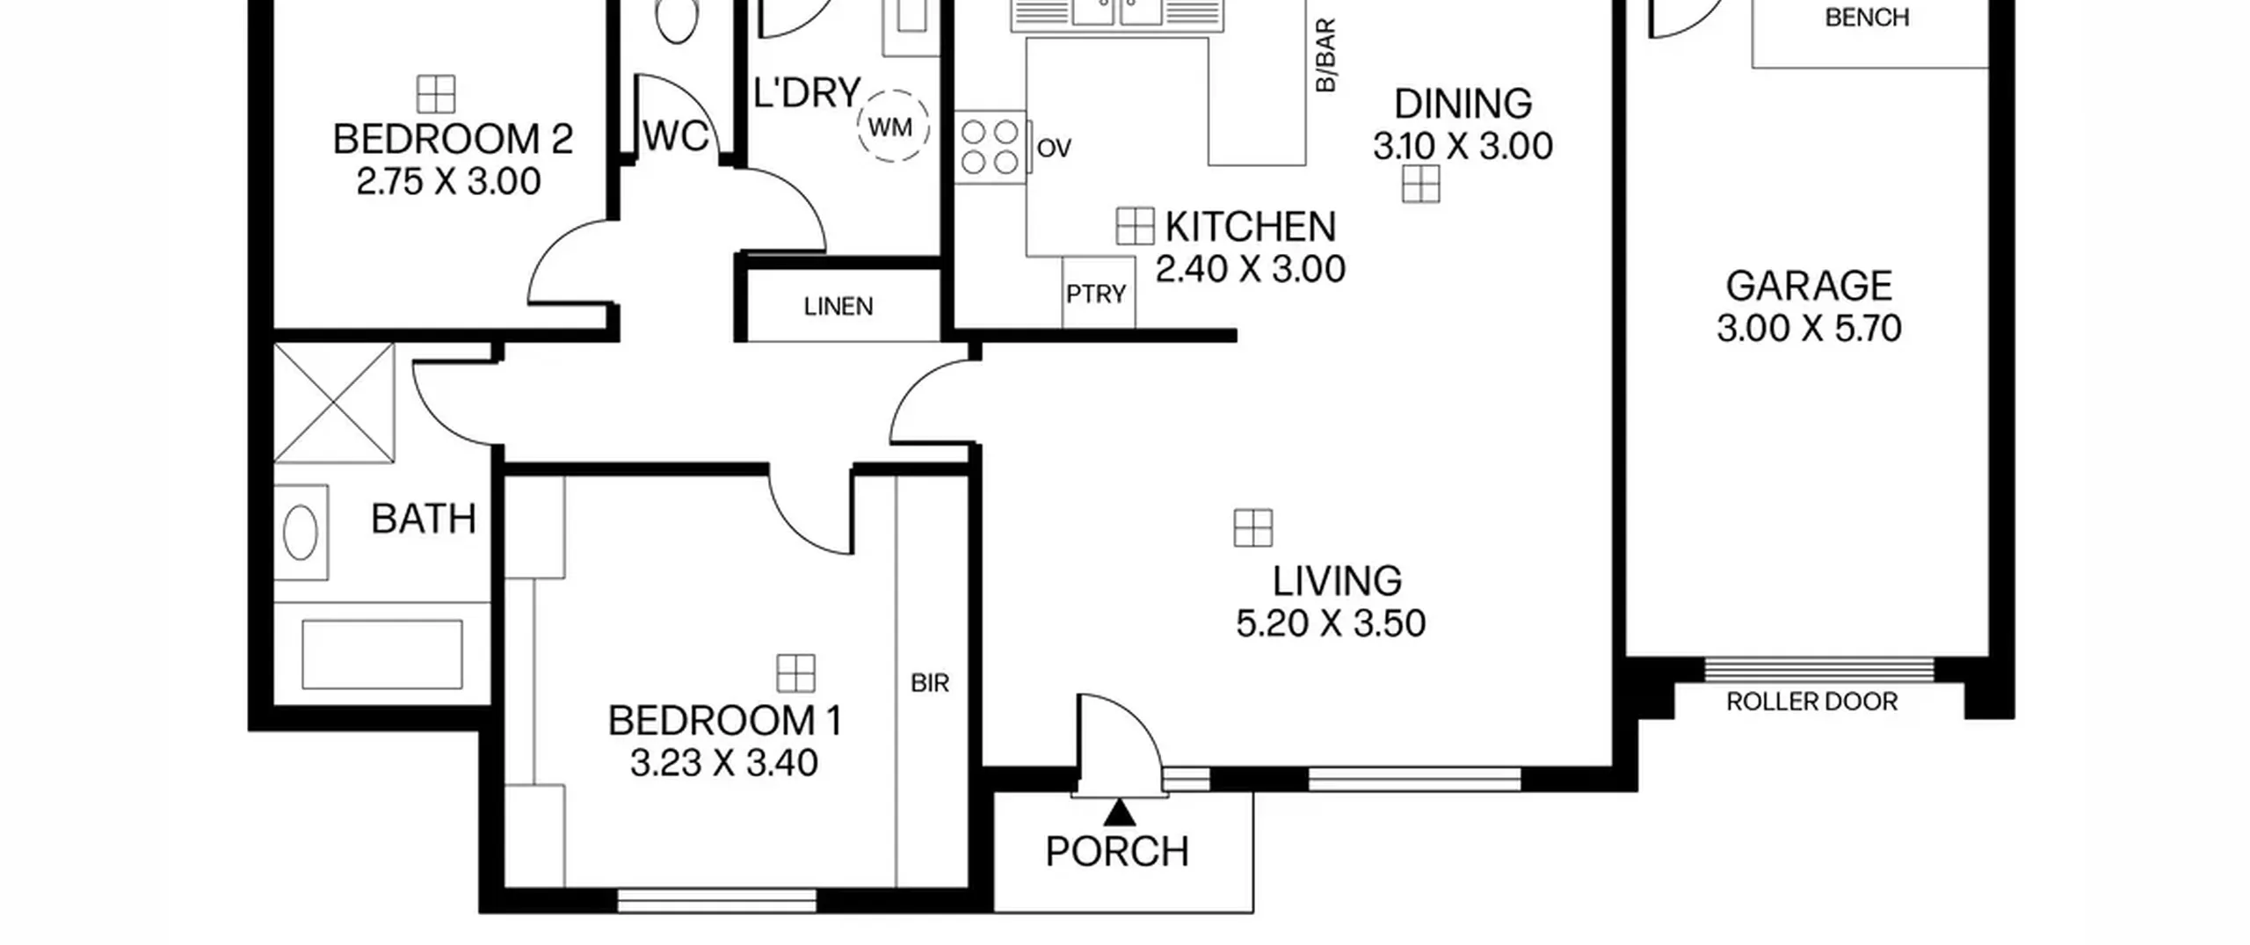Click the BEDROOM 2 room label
pyautogui.click(x=453, y=140)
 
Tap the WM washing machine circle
pyautogui.click(x=893, y=127)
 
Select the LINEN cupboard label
pyautogui.click(x=838, y=307)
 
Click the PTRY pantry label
pyautogui.click(x=1095, y=294)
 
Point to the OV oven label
pyautogui.click(x=1054, y=149)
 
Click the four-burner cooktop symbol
pyautogui.click(x=990, y=147)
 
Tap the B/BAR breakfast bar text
pyautogui.click(x=1325, y=55)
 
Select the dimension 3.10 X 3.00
pyautogui.click(x=1462, y=146)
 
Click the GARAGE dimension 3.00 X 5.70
pyautogui.click(x=1809, y=329)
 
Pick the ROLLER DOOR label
pyautogui.click(x=1811, y=701)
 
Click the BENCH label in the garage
pyautogui.click(x=1867, y=18)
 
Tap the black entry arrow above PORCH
pyautogui.click(x=1119, y=812)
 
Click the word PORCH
pyautogui.click(x=1117, y=852)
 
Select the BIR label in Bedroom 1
pyautogui.click(x=930, y=683)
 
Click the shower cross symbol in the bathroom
pyautogui.click(x=334, y=403)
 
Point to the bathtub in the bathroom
pyautogui.click(x=382, y=654)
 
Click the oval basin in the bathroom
pyautogui.click(x=301, y=532)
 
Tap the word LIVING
pyautogui.click(x=1337, y=581)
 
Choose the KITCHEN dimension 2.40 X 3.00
pyautogui.click(x=1250, y=269)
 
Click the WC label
pyautogui.click(x=676, y=136)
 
